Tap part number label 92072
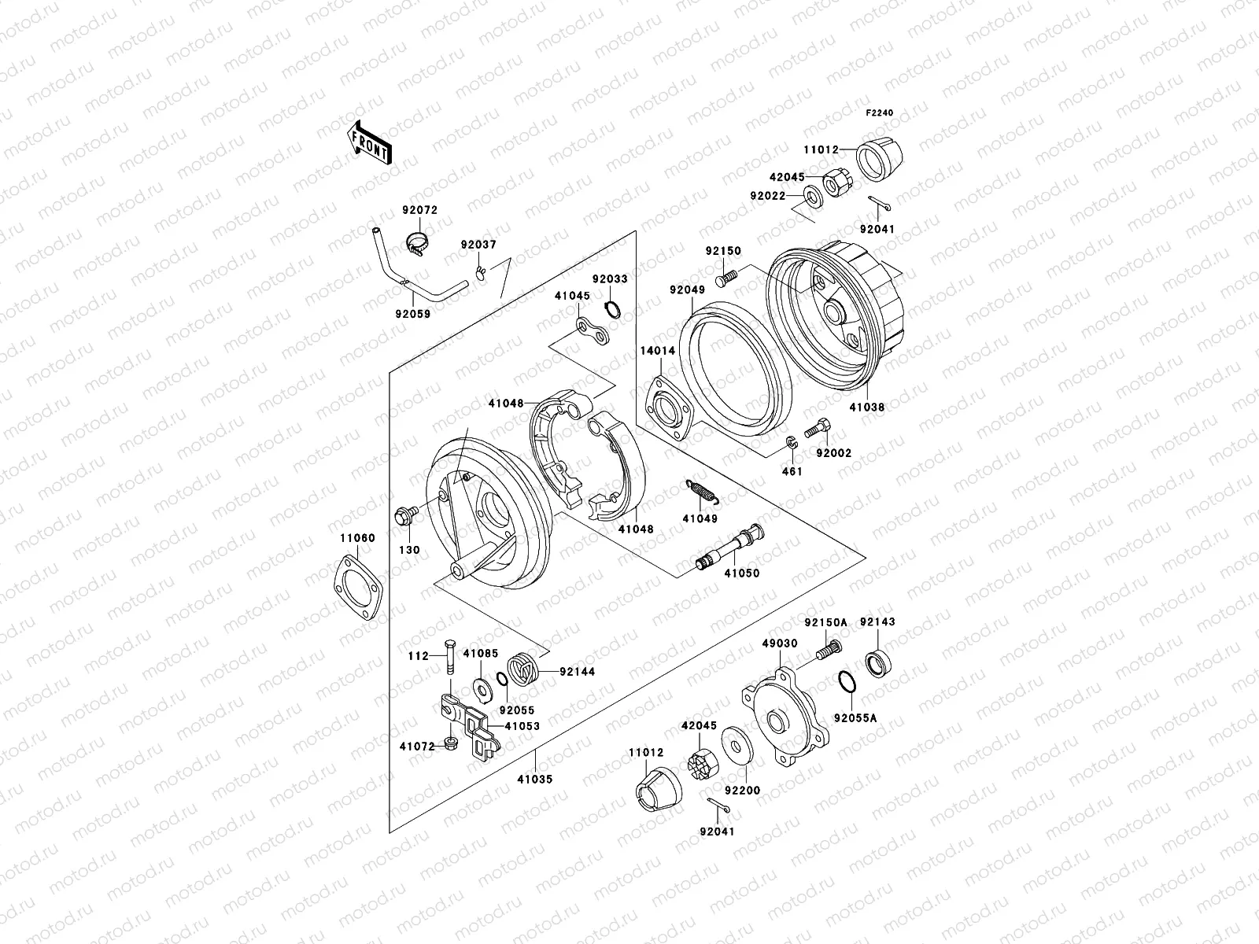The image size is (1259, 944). click(419, 211)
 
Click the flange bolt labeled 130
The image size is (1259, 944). click(404, 518)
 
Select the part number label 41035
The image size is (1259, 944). click(535, 779)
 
